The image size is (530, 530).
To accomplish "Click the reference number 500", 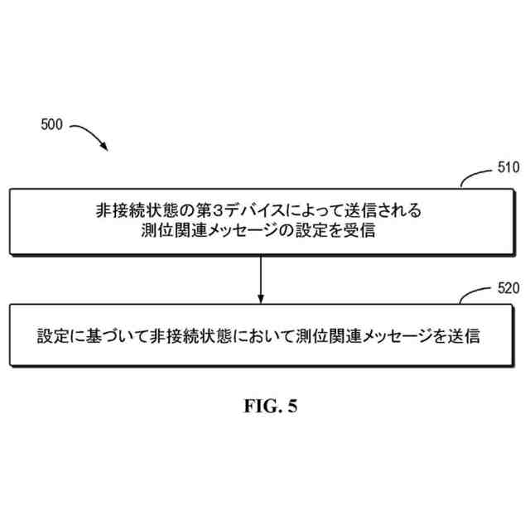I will tap(51, 125).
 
